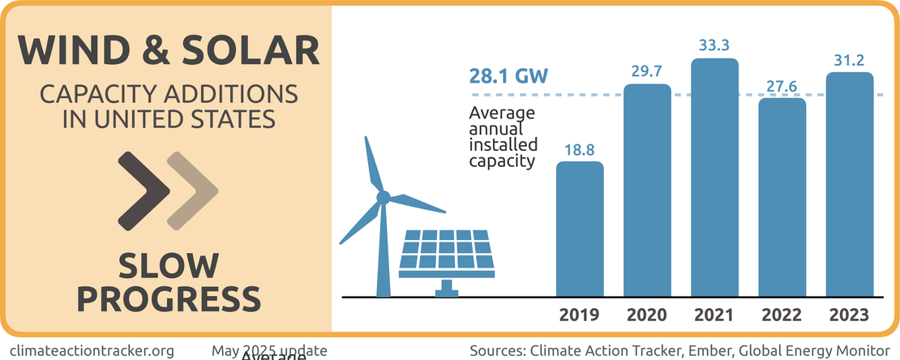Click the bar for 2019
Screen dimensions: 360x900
[x=580, y=229]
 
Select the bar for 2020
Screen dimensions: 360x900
[x=647, y=191]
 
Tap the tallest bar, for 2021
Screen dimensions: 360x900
[x=714, y=178]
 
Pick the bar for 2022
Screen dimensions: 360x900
[x=782, y=197]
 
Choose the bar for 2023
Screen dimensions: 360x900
[x=849, y=185]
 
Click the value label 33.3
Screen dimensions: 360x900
[x=714, y=45]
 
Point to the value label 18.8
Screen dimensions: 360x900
[x=580, y=149]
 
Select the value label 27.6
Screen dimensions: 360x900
[x=782, y=85]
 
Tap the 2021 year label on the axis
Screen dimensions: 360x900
[x=714, y=315]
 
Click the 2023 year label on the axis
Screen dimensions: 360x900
[x=849, y=315]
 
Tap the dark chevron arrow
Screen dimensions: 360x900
[x=144, y=191]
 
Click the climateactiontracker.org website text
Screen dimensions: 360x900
[x=92, y=351]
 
